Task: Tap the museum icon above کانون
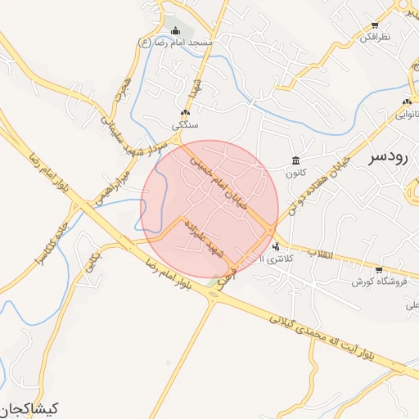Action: coord(295,160)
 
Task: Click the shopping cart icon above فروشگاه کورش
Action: coord(378,270)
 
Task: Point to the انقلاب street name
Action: coord(322,255)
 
